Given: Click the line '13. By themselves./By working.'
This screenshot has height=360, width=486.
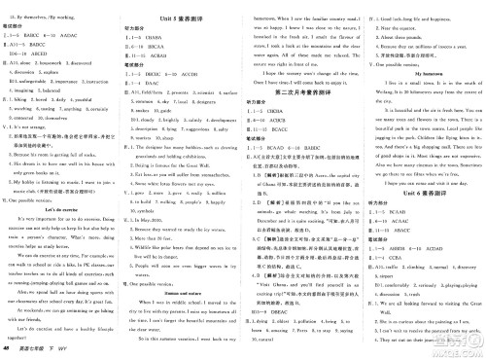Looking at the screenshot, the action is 45,8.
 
